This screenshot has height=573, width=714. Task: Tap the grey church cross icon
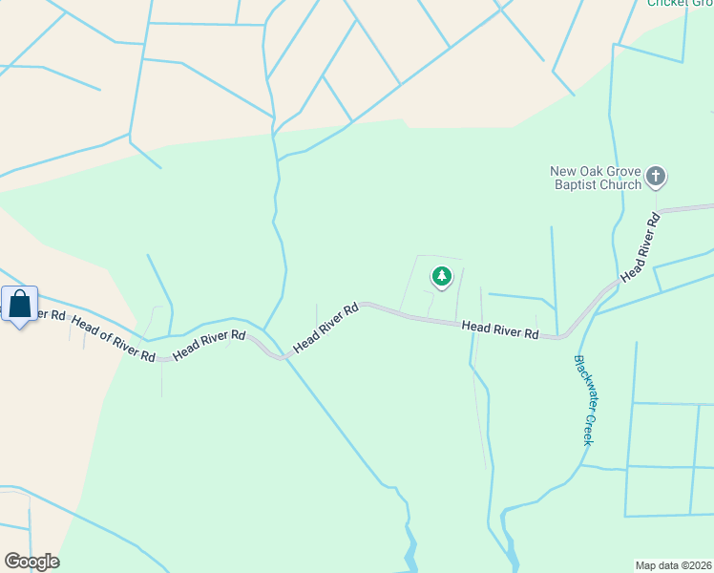(x=656, y=177)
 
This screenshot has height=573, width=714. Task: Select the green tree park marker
(x=441, y=277)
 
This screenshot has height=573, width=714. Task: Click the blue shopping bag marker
(x=20, y=306)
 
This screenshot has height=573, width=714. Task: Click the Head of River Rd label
(x=114, y=340)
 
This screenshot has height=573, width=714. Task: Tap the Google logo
(x=31, y=562)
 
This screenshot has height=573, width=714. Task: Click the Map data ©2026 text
(x=674, y=564)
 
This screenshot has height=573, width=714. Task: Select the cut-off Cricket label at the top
(x=680, y=3)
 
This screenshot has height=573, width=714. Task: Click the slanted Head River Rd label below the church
(x=640, y=247)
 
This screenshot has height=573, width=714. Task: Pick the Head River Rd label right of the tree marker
(x=500, y=329)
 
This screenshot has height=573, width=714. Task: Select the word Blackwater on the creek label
(x=582, y=384)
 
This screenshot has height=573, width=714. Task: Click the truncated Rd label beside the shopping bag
(x=52, y=313)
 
